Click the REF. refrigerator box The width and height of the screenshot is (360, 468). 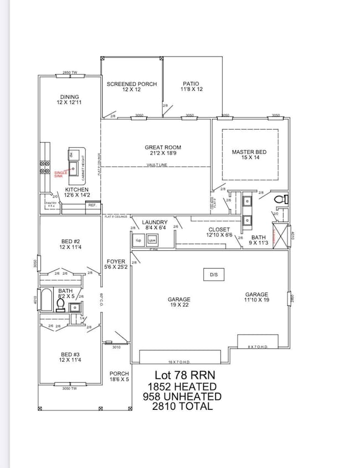point(92,205)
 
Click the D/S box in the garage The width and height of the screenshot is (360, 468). point(214,275)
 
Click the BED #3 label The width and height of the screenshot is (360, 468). point(71,356)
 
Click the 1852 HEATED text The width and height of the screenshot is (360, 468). point(182,387)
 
